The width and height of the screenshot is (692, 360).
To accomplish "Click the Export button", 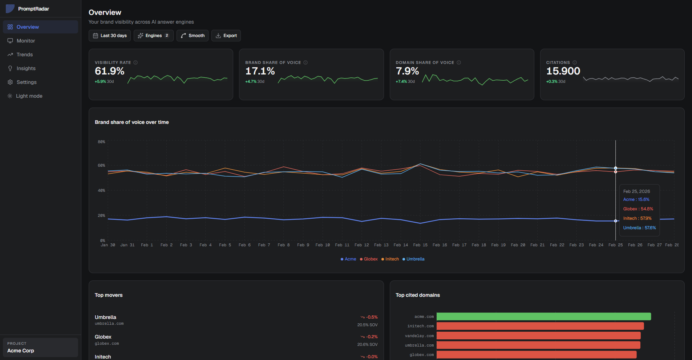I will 226,36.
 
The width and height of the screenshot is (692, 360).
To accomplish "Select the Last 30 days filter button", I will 110,36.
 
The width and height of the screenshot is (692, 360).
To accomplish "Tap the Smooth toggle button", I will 193,36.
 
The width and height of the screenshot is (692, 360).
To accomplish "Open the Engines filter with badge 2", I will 153,36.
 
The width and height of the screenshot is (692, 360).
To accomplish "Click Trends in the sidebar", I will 25,54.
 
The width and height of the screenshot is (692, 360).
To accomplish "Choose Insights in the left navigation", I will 26,68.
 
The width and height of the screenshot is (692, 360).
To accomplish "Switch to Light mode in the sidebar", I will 29,96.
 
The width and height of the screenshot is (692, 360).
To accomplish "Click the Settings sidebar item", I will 27,82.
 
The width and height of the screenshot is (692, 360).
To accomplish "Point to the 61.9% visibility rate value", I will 109,71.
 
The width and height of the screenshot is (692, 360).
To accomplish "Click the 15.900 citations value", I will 563,71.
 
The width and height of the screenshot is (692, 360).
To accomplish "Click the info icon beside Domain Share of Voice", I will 459,62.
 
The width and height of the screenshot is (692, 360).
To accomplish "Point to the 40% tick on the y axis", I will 101,190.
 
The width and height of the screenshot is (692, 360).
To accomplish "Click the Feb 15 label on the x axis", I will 420,245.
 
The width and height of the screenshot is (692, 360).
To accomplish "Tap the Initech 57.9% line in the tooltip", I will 637,218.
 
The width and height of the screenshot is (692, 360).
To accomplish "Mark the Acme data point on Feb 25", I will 616,221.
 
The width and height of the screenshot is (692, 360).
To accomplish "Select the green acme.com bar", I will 543,316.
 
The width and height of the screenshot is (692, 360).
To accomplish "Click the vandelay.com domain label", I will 419,336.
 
